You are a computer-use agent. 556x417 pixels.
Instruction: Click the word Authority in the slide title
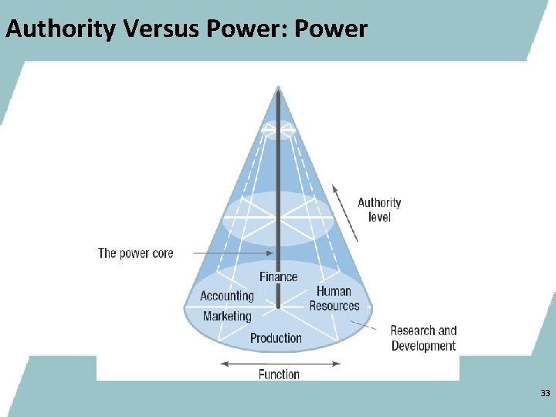pos(59,29)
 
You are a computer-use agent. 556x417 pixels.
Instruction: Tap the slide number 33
pos(545,394)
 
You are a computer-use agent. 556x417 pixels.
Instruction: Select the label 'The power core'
pos(136,253)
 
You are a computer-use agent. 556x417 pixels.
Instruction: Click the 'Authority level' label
pos(379,210)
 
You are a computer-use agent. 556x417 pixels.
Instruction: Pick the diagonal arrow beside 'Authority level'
pos(345,212)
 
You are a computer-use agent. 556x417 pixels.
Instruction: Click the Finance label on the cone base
pos(278,276)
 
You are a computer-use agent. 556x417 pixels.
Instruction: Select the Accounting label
pos(227,296)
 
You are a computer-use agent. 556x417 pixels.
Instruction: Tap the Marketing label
pos(227,316)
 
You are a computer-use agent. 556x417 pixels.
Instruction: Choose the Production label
pos(276,337)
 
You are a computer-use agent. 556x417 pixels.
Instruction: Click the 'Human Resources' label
pos(334,298)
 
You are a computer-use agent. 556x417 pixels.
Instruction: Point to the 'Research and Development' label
pos(423,338)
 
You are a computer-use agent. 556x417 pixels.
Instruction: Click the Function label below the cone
pos(279,375)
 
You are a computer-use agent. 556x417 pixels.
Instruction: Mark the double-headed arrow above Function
pos(278,362)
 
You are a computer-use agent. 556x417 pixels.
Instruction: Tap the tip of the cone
pos(278,89)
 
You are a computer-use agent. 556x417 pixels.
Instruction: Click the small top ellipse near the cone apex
pos(278,129)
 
